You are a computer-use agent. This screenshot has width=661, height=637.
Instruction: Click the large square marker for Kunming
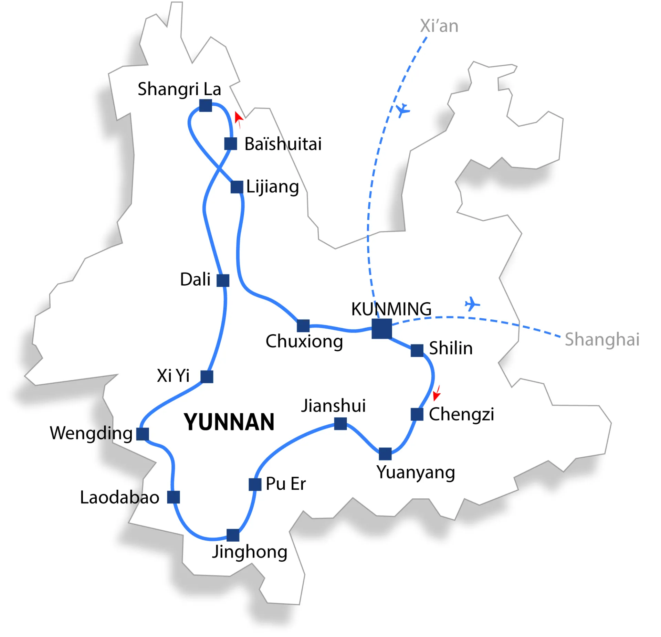[x=381, y=329]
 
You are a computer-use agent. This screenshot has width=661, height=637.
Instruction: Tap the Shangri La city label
[x=179, y=89]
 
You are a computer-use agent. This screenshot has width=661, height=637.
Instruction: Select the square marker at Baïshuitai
[x=230, y=144]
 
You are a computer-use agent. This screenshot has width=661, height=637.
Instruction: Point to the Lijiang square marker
[x=237, y=187]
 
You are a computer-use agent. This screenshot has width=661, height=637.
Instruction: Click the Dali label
[x=195, y=279]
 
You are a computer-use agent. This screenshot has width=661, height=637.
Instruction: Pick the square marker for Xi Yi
[x=207, y=376]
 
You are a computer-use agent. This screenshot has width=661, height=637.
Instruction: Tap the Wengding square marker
[x=143, y=434]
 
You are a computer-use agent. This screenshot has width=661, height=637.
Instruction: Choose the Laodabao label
[x=119, y=498]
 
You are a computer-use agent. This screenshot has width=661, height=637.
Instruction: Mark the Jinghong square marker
[x=233, y=535]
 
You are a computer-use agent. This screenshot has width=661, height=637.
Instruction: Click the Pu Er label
[x=285, y=484]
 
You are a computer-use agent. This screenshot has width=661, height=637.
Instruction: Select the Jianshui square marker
[x=340, y=424]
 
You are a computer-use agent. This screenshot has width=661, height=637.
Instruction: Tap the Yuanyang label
[x=416, y=473]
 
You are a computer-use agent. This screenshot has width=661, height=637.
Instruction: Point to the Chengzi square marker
[x=417, y=414]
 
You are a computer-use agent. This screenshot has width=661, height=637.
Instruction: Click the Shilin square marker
[x=417, y=350]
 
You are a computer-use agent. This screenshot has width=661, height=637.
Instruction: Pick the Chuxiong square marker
[x=303, y=326]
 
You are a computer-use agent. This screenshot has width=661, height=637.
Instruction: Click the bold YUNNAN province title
[x=229, y=422]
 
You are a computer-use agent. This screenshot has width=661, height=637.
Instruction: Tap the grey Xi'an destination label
[x=439, y=26]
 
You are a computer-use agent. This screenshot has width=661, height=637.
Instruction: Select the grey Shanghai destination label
[x=602, y=339]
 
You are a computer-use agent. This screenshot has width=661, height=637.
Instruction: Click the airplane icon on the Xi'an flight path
[x=402, y=110]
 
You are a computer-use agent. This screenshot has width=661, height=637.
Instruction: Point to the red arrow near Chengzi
[x=437, y=393]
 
